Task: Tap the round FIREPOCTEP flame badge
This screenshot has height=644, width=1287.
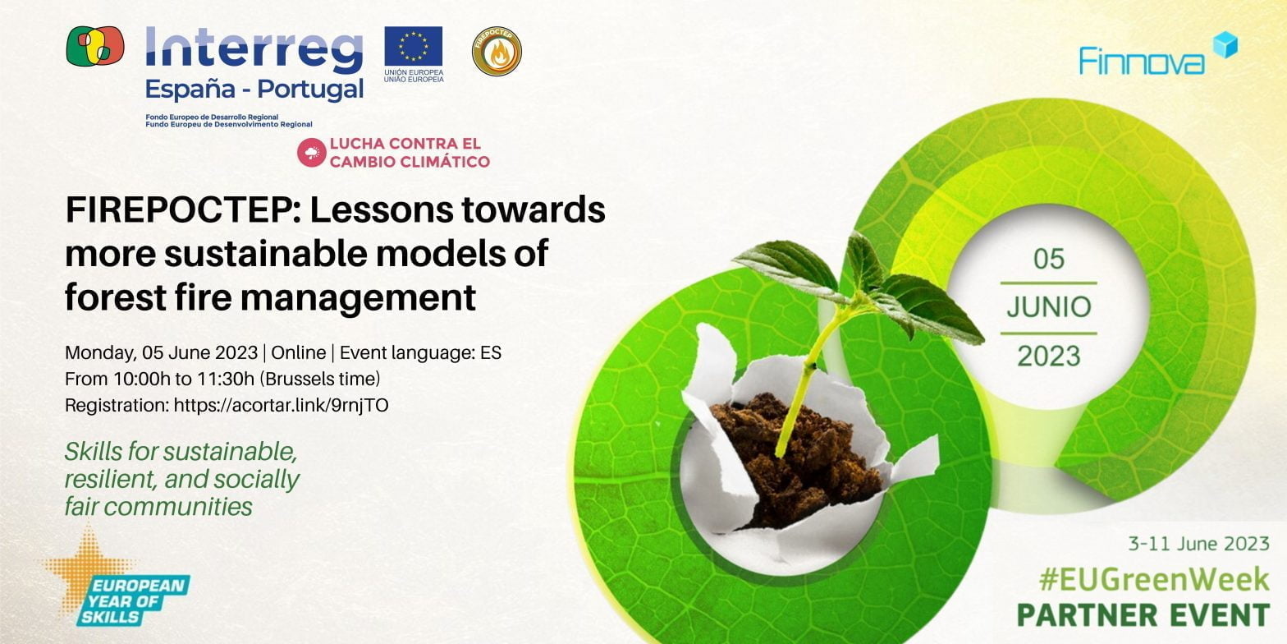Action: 497,51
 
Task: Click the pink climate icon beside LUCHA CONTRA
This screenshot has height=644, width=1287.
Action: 312,153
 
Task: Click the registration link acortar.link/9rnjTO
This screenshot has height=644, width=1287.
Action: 281,405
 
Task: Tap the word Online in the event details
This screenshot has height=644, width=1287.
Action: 298,353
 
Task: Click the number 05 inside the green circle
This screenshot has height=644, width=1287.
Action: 1048,260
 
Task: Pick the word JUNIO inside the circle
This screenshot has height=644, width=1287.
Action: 1048,307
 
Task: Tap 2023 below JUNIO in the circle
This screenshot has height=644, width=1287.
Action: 1048,356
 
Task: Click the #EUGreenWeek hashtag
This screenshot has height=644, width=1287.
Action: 1153,580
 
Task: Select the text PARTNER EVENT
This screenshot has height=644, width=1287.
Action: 1143,614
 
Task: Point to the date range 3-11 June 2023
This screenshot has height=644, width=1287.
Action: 1198,543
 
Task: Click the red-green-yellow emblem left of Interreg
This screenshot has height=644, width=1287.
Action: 95,46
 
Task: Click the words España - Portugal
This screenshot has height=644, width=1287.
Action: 254,89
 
